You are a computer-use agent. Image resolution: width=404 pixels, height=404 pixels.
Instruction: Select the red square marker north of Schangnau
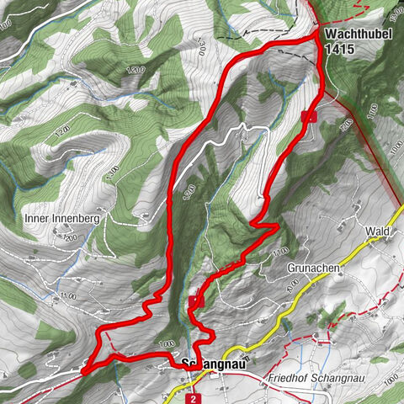click(195, 300)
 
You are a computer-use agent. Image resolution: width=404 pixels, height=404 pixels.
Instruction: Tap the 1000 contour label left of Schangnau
click(167, 343)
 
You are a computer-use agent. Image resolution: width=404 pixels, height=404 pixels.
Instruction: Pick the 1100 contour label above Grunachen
click(280, 252)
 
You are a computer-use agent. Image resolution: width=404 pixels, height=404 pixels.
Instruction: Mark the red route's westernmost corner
click(84, 368)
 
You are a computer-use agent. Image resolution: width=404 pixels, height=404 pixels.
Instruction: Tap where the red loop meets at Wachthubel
click(318, 37)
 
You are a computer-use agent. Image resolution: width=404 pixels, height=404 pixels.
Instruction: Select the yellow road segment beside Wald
click(370, 244)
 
